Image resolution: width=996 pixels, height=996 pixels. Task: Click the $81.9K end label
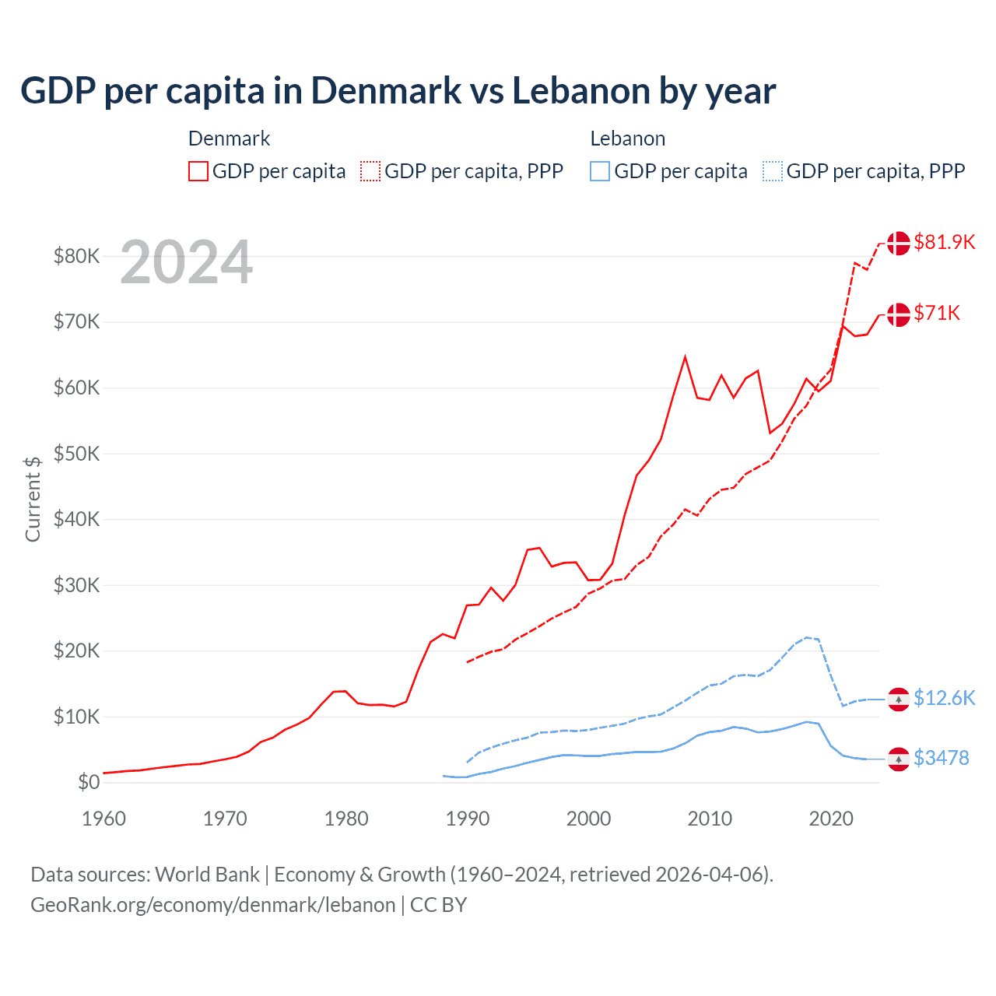(x=944, y=242)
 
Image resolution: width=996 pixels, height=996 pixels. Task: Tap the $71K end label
(x=937, y=313)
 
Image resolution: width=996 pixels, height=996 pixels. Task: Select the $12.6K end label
(x=944, y=698)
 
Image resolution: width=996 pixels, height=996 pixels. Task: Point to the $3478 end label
(x=941, y=758)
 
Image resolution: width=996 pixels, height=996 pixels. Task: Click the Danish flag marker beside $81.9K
(x=899, y=243)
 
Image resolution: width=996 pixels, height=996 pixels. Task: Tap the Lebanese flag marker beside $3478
(x=899, y=759)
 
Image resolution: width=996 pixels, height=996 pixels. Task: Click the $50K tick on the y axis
(x=76, y=454)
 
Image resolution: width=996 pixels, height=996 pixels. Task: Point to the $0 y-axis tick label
(x=89, y=783)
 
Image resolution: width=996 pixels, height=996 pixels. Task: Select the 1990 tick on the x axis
(x=468, y=819)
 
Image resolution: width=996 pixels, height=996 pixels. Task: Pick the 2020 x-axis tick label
(x=831, y=819)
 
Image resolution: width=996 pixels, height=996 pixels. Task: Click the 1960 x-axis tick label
(x=104, y=819)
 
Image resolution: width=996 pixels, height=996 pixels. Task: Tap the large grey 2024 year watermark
(x=186, y=262)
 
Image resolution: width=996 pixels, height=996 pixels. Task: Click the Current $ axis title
(x=33, y=499)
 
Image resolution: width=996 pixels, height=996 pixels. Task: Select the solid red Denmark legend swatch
(x=198, y=171)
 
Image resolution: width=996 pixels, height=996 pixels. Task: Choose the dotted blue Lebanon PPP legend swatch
(x=773, y=171)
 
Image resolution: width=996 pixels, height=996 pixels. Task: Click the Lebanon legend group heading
(x=627, y=139)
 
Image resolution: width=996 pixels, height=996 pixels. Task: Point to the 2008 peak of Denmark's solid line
(x=685, y=357)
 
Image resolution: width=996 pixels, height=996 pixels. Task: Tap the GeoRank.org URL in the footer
(x=212, y=905)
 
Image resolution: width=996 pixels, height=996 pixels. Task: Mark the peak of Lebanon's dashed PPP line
(x=806, y=637)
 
